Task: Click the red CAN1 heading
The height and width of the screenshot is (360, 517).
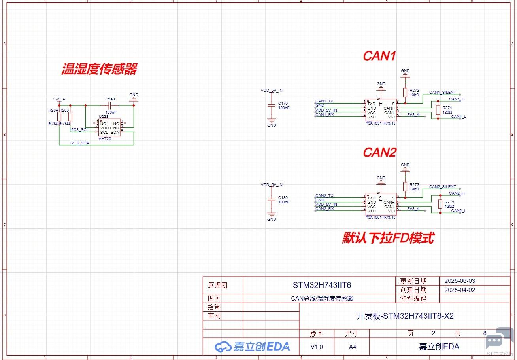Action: (x=379, y=56)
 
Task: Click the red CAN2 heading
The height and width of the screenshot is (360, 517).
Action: (x=379, y=152)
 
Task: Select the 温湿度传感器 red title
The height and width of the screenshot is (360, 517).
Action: (x=99, y=69)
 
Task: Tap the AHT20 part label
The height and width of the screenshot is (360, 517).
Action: (x=105, y=139)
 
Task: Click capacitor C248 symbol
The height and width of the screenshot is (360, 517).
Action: (x=110, y=106)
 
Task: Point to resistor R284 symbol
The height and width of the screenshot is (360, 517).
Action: (x=59, y=116)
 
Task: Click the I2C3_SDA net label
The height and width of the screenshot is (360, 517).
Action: (x=79, y=143)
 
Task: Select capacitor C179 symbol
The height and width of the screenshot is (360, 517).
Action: (x=271, y=106)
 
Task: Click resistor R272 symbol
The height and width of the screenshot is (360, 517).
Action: (x=405, y=92)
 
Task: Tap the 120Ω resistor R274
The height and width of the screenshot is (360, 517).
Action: (x=438, y=110)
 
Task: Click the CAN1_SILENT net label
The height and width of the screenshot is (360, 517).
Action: (x=442, y=92)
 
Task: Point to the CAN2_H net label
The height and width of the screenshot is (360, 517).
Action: (x=457, y=193)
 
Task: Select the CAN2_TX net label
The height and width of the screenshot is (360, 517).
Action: (x=324, y=196)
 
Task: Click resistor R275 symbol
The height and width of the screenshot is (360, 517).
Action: (x=440, y=204)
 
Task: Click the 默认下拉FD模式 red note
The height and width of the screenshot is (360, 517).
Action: (x=388, y=238)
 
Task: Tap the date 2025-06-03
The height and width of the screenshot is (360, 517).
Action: (x=460, y=281)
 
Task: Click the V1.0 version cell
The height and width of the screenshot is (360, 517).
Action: (x=317, y=347)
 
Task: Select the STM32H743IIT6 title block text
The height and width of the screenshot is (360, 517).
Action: (x=322, y=285)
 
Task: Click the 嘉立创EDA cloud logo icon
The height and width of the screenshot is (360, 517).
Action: (x=223, y=347)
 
